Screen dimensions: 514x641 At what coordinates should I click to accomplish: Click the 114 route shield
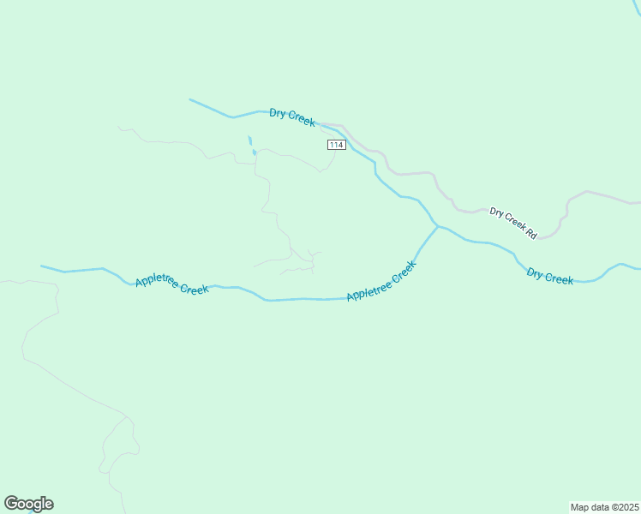tap(336, 145)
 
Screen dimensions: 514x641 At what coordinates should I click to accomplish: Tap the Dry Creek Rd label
tap(512, 223)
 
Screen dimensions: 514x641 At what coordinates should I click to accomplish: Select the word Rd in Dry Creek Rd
tap(530, 232)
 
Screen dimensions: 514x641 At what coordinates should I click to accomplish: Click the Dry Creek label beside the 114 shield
tap(292, 117)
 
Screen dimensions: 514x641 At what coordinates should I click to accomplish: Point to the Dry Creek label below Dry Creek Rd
tap(550, 276)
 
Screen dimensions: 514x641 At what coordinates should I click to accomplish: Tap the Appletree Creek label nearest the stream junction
tap(381, 281)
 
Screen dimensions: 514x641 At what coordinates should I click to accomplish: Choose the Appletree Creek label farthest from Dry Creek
tap(172, 285)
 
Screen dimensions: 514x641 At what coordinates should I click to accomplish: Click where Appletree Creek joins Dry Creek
tap(437, 226)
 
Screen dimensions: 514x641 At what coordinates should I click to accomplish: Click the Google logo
tap(28, 504)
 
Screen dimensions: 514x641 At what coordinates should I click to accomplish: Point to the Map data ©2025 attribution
tap(604, 507)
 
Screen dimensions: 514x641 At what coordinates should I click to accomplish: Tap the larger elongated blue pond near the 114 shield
tap(250, 140)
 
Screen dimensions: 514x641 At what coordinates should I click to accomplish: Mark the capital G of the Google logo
tap(11, 504)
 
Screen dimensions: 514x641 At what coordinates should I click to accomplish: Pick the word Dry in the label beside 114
tap(278, 112)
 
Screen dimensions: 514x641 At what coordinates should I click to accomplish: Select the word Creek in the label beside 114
tap(301, 121)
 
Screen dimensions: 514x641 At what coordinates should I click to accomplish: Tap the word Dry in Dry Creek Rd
tap(496, 212)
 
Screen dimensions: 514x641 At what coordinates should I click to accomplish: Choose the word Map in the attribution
tap(580, 507)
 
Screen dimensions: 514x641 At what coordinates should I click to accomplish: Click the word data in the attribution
tap(599, 507)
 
